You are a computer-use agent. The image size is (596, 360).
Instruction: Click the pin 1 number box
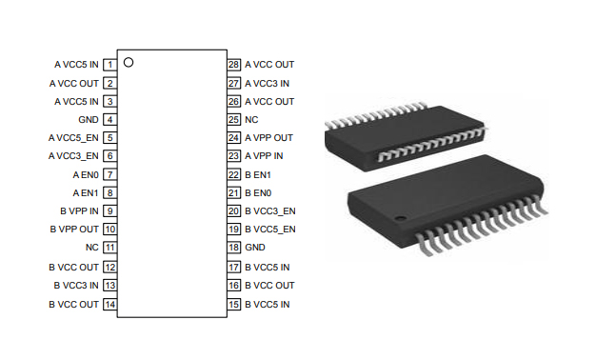109,65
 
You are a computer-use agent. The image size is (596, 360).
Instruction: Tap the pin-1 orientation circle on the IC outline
129,62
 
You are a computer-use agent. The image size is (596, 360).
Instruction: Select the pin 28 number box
234,65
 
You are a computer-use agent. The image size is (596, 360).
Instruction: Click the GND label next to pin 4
89,120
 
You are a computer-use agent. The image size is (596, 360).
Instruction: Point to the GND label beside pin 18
255,248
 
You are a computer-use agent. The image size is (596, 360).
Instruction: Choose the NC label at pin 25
251,120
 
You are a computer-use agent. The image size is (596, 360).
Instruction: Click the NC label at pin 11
92,248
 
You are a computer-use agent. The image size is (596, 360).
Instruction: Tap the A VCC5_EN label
73,138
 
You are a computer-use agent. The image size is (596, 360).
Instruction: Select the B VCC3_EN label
270,211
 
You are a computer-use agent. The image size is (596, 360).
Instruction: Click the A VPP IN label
264,156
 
